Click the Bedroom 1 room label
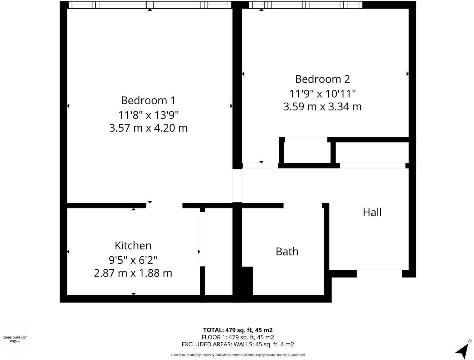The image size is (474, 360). [x=148, y=101]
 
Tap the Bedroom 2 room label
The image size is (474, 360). [x=322, y=79]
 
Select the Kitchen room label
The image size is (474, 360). [x=133, y=245]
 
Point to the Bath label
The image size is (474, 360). [x=287, y=251]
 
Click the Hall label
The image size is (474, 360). [x=372, y=212]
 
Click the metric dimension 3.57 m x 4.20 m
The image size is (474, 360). [x=148, y=128]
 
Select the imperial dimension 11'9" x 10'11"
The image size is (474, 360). [x=322, y=93]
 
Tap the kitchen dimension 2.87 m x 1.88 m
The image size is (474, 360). [x=133, y=273]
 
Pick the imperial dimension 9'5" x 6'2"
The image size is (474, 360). [x=133, y=259]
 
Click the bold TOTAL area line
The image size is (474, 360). [x=238, y=330]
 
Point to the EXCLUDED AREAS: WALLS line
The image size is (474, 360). [x=238, y=344]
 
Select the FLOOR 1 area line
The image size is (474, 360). [x=238, y=337]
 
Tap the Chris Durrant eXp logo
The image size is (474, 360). [x=15, y=339]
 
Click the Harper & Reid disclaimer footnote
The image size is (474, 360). [x=238, y=355]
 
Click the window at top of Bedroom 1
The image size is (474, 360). [x=150, y=5]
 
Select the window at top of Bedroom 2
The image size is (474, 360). [x=306, y=5]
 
